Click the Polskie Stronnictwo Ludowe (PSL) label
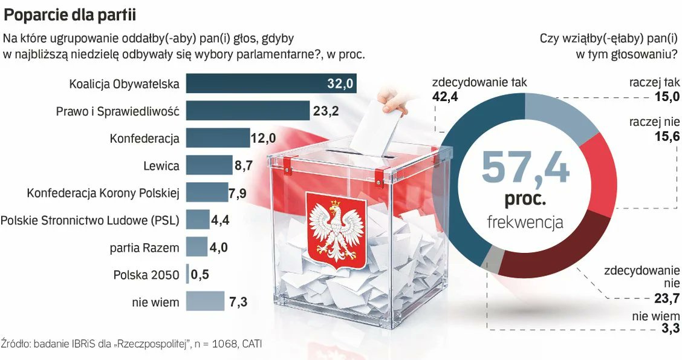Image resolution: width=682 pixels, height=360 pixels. (89, 220)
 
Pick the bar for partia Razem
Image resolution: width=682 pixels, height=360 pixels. (196, 247)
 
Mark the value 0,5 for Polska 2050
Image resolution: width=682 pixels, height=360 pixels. (200, 275)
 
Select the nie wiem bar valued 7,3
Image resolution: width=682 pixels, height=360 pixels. (205, 301)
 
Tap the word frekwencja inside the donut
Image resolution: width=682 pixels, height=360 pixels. (525, 222)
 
